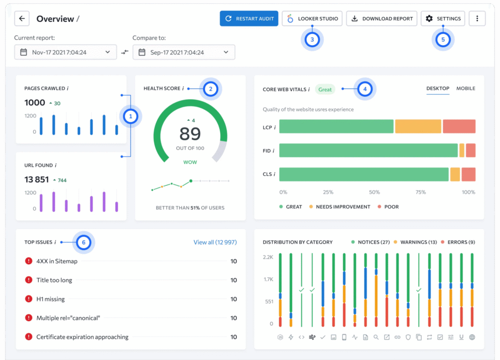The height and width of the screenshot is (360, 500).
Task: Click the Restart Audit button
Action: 249,19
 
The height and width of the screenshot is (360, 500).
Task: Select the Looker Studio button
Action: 312,19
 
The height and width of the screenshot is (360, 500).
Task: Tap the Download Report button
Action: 382,19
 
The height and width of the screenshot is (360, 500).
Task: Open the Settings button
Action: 443,19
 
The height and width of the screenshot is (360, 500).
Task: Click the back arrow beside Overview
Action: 22,19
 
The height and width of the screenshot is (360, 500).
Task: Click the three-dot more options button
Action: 477,19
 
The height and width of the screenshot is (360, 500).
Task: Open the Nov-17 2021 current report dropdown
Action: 65,52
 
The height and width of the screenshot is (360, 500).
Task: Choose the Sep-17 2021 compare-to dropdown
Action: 184,52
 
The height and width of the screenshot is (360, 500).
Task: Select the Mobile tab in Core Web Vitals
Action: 465,88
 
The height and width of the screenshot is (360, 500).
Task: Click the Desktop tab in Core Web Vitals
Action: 437,88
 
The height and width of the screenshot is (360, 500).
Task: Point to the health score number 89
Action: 190,134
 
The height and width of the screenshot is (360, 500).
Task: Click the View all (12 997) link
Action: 215,242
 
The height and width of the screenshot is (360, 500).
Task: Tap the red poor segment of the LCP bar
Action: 459,127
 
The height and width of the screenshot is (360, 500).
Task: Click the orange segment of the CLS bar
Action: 455,174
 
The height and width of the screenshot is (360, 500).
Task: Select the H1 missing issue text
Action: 50,299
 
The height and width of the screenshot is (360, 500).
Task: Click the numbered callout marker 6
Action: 83,242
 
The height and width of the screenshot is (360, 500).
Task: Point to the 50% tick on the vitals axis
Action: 374,192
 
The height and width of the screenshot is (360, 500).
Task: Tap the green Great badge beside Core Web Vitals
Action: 325,89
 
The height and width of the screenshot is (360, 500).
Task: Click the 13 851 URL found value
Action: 37,180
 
